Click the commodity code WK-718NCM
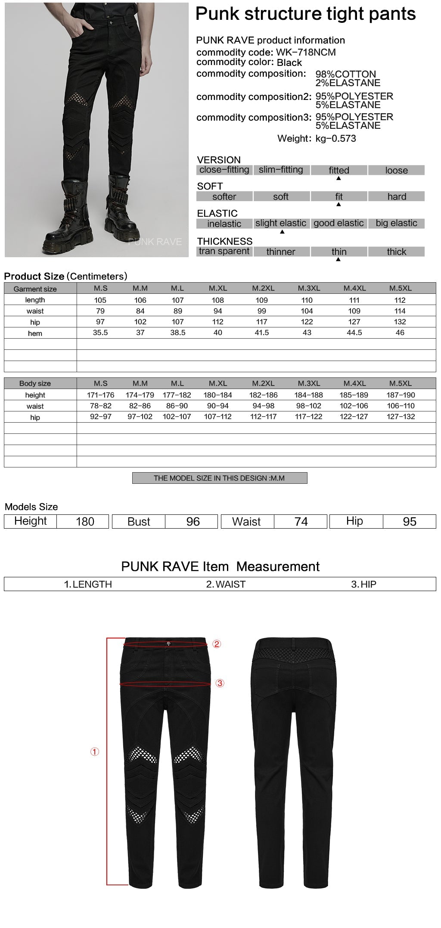pyautogui.click(x=304, y=53)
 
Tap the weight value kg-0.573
pyautogui.click(x=335, y=139)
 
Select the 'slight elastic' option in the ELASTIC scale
pyautogui.click(x=281, y=223)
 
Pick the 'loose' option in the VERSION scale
pyautogui.click(x=396, y=170)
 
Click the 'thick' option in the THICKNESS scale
pyautogui.click(x=396, y=252)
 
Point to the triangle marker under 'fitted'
pyautogui.click(x=339, y=178)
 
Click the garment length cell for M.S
pyautogui.click(x=100, y=300)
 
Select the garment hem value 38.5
pyautogui.click(x=177, y=333)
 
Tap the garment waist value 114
pyautogui.click(x=400, y=311)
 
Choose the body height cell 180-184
pyautogui.click(x=218, y=395)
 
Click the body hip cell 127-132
pyautogui.click(x=401, y=417)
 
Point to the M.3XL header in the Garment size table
pyautogui.click(x=307, y=288)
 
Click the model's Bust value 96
pyautogui.click(x=193, y=522)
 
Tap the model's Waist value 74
pyautogui.click(x=301, y=522)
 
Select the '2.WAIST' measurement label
pyautogui.click(x=226, y=584)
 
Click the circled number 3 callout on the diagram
pyautogui.click(x=220, y=683)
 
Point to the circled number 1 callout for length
pyautogui.click(x=95, y=752)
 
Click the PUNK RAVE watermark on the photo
pyautogui.click(x=155, y=242)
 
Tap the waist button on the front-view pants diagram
pyautogui.click(x=168, y=644)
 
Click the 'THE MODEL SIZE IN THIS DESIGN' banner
pyautogui.click(x=220, y=478)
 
